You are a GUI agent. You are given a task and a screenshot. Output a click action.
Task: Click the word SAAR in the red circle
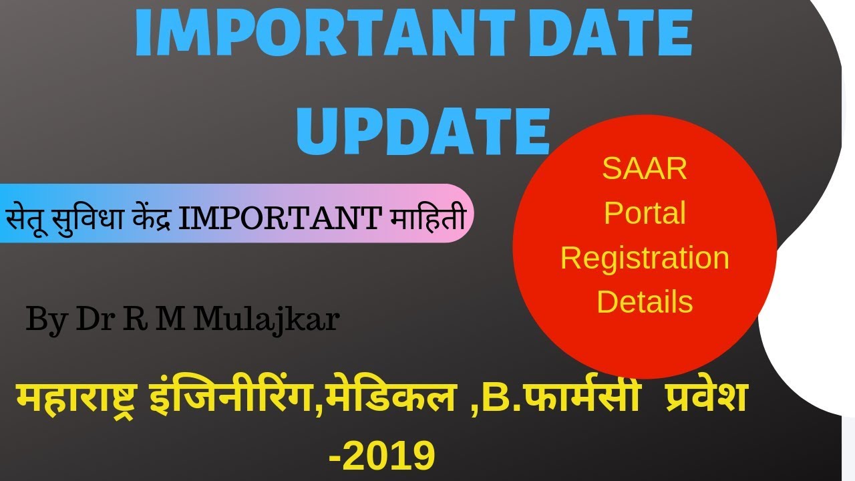pos(645,169)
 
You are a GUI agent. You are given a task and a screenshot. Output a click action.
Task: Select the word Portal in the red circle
pos(645,213)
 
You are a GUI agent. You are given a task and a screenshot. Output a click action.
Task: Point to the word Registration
pos(645,258)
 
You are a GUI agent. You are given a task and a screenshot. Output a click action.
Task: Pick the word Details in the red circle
pos(645,302)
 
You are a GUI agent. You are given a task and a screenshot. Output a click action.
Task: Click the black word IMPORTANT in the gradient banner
pos(280,218)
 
